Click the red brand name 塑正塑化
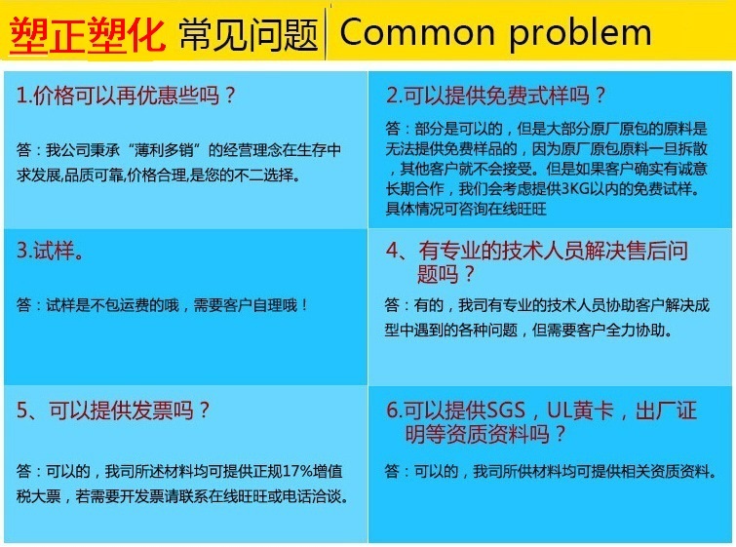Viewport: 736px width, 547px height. [88, 34]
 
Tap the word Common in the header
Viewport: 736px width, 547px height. [417, 32]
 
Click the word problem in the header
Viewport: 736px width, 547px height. [581, 34]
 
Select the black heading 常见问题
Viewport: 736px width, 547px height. [249, 35]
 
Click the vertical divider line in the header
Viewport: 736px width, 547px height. [325, 35]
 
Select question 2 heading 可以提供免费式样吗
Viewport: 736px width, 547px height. [496, 96]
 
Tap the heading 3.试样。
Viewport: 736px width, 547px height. [51, 251]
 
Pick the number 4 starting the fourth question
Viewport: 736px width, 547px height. [392, 251]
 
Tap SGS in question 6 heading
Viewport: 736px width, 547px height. [505, 410]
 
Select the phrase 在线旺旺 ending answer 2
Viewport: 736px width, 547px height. [518, 209]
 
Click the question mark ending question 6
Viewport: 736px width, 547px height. [560, 433]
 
